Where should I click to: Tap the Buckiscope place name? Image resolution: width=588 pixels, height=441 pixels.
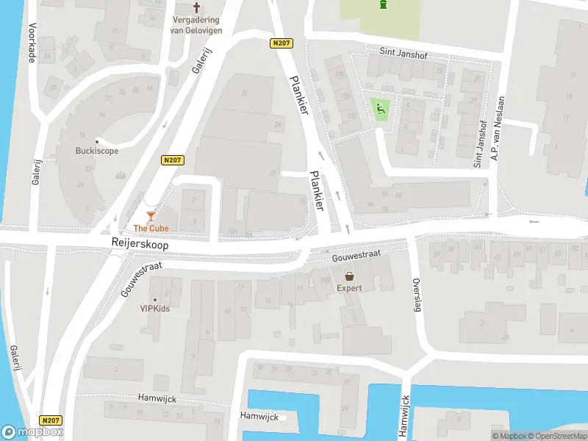[x=96, y=151]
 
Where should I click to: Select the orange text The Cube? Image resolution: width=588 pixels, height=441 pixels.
[x=151, y=228]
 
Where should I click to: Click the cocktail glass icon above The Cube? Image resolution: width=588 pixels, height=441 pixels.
[x=151, y=215]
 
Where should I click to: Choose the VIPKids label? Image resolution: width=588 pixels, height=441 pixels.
[x=155, y=309]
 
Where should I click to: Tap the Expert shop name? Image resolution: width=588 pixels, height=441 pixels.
[x=350, y=288]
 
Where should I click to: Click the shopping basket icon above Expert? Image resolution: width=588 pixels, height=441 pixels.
[x=350, y=276]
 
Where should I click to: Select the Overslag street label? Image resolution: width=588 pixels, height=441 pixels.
[x=417, y=294]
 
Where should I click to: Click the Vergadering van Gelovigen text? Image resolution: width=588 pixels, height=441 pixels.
[x=197, y=24]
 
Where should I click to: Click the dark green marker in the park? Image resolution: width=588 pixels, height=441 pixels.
[x=381, y=5]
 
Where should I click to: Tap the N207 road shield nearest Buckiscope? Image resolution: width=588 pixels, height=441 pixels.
[x=171, y=159]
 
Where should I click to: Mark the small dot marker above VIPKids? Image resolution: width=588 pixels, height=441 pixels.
[x=155, y=299]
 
